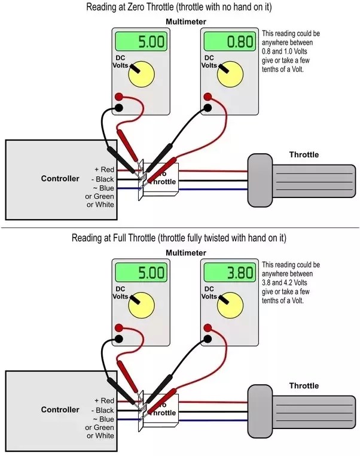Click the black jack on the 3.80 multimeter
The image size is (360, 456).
pyautogui.click(x=208, y=338)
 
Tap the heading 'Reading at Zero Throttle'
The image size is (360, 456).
pyautogui.click(x=179, y=8)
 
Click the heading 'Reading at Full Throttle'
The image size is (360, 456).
pyautogui.click(x=179, y=238)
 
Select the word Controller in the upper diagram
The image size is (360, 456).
pyautogui.click(x=60, y=178)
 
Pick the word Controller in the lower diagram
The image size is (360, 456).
pyautogui.click(x=60, y=409)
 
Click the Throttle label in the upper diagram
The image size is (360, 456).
pyautogui.click(x=304, y=154)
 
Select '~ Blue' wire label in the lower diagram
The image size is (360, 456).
pyautogui.click(x=103, y=419)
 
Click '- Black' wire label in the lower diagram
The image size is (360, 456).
pyautogui.click(x=102, y=410)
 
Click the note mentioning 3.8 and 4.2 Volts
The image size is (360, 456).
pyautogui.click(x=291, y=282)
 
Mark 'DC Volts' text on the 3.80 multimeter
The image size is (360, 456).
pyautogui.click(x=209, y=292)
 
